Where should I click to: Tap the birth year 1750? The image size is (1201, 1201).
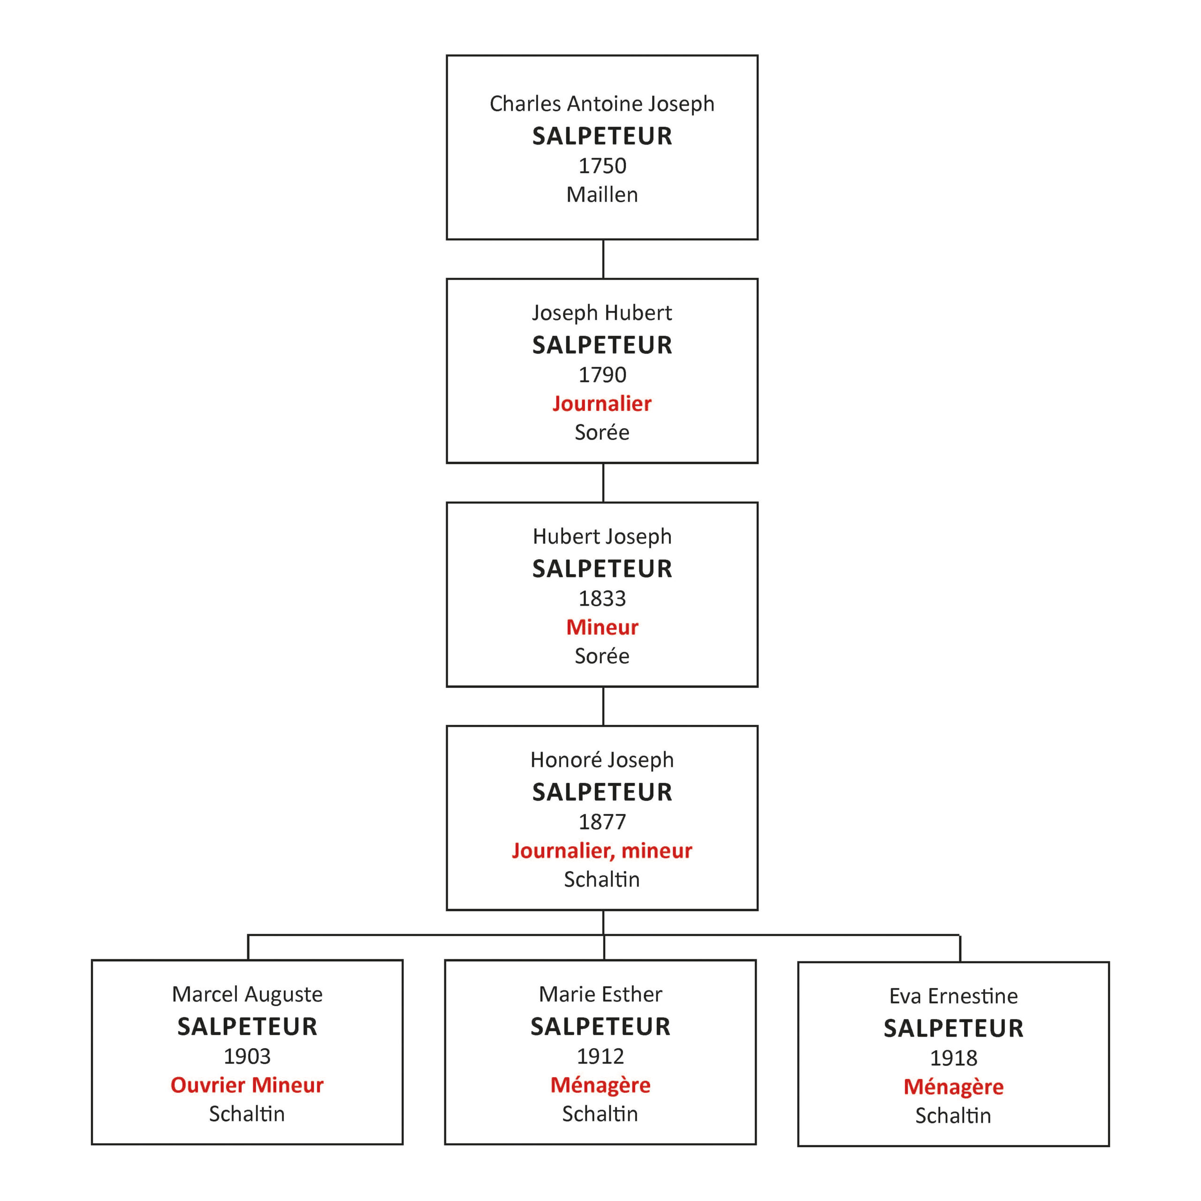602,166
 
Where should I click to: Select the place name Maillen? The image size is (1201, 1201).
602,195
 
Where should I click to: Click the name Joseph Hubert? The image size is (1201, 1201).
602,313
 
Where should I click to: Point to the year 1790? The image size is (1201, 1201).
602,375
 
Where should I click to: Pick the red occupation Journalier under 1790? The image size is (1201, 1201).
602,404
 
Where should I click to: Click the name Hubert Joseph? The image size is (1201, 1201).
602,537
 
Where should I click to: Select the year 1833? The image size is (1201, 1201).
602,599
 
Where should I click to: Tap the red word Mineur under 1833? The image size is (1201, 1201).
602,627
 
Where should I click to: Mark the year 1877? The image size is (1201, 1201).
602,822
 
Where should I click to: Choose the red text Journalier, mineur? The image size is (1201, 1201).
602,851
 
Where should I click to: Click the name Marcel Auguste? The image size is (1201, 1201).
247,995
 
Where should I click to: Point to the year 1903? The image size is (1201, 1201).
247,1056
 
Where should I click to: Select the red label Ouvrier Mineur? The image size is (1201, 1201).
247,1085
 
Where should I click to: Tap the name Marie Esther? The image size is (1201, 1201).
600,994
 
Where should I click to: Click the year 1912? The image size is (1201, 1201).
600,1056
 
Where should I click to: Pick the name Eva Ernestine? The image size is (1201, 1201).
954,996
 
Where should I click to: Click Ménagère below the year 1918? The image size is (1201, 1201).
954,1087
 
